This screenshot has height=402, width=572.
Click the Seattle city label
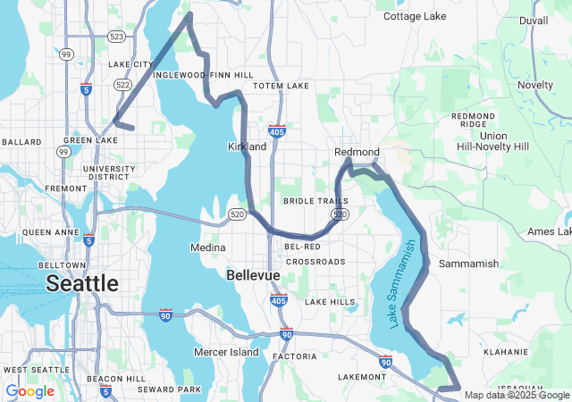point(81,283)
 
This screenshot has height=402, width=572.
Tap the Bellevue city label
point(253,275)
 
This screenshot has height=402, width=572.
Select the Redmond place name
point(357,152)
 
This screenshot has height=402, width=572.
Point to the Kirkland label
point(248,147)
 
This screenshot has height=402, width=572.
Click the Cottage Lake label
point(414,16)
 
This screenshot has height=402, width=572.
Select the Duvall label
point(534,20)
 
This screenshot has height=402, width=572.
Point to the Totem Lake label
point(281,86)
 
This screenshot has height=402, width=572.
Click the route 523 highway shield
point(117,37)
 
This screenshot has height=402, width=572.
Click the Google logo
point(29,391)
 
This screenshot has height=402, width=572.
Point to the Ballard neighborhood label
point(21,142)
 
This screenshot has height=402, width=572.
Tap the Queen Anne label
point(47,231)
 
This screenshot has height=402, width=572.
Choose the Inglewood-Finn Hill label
point(203,75)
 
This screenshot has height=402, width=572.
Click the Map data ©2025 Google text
point(517,395)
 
